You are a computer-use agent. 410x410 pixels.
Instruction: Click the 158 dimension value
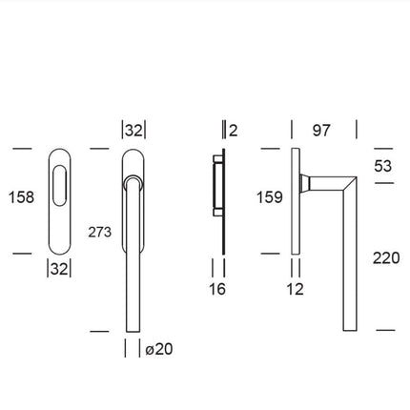click(x=20, y=197)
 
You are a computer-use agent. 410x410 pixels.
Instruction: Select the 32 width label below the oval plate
click(x=59, y=269)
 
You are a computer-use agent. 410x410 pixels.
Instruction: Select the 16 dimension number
click(x=216, y=287)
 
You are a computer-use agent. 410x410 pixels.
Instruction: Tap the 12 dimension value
click(x=297, y=287)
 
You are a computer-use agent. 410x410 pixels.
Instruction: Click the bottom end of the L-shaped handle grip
click(x=349, y=327)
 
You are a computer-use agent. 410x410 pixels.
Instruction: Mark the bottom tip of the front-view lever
click(x=134, y=327)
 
